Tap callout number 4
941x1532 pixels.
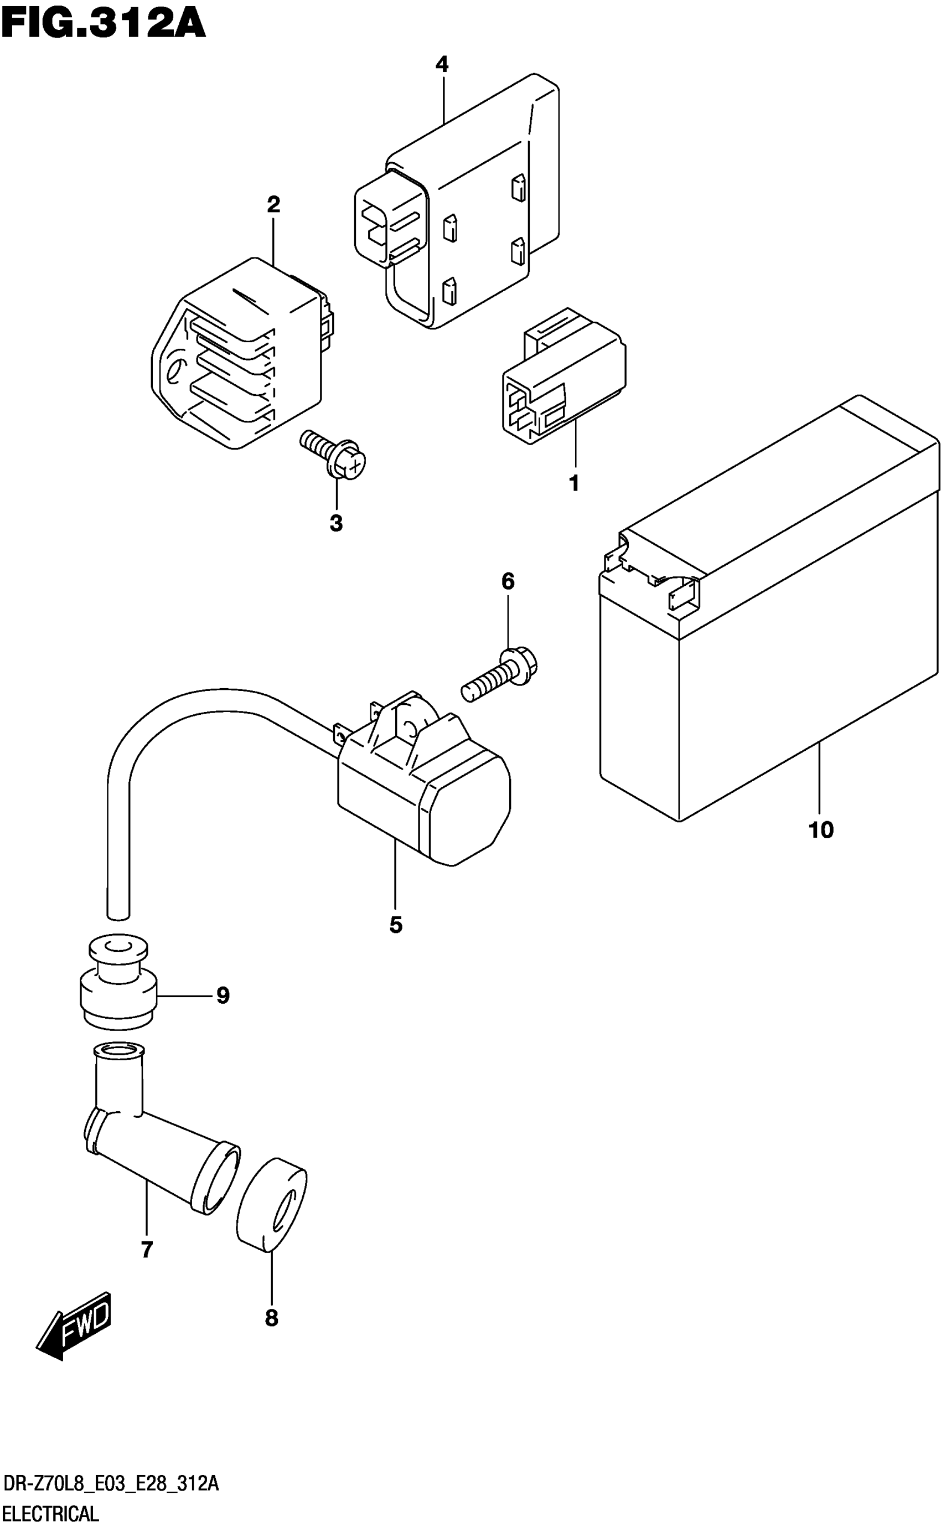pos(442,64)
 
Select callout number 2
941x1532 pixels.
pos(274,204)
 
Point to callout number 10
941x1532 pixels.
pos(820,830)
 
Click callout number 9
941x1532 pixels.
pos(223,995)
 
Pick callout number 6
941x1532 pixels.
pos(508,581)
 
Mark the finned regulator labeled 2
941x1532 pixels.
pos(236,355)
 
